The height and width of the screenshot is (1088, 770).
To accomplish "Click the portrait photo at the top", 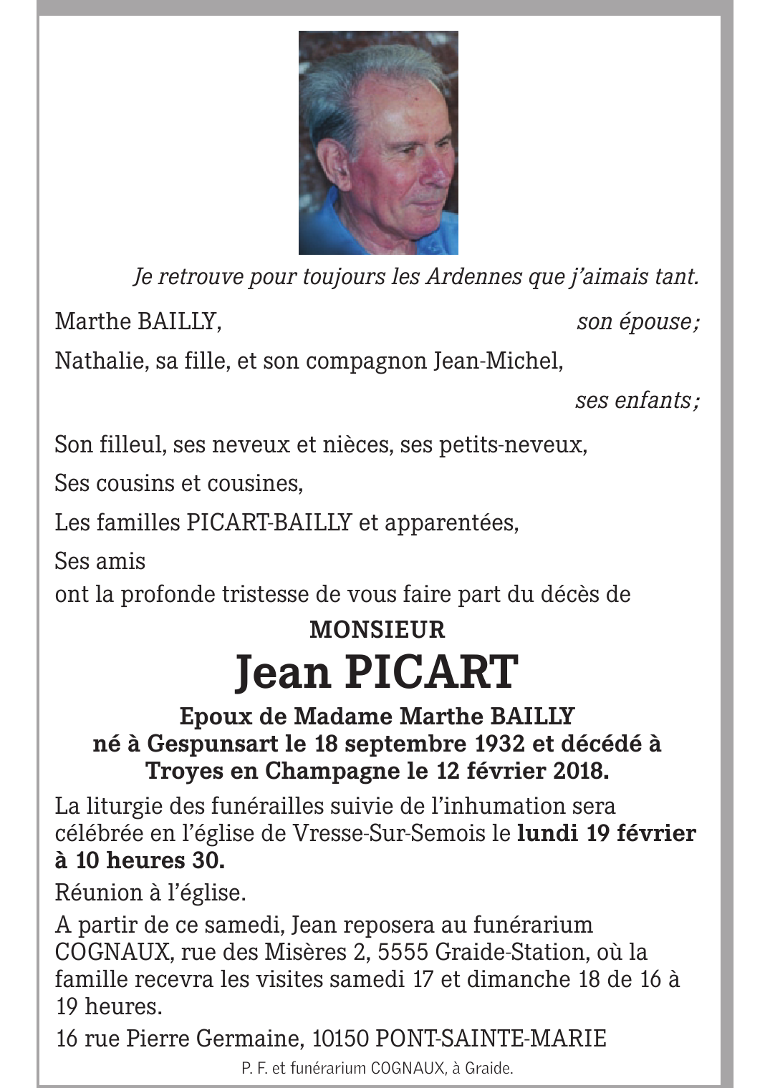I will coord(378,142).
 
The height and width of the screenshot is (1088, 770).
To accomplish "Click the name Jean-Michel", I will coord(497,361).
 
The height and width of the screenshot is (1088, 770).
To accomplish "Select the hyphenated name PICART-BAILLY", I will coord(269,522).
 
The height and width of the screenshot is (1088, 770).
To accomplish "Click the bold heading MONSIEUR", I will coord(377,630).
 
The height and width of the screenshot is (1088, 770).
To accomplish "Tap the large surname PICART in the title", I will coord(433,672).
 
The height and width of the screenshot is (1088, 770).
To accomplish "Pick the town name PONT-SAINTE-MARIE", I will coord(491,1037).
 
